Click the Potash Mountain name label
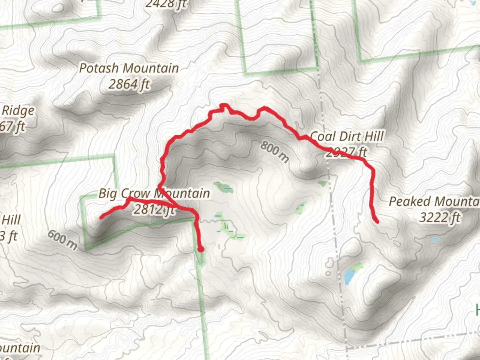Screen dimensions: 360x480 [x=129, y=68]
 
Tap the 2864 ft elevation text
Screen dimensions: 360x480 [x=129, y=84]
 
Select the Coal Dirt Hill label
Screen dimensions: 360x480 [x=347, y=136]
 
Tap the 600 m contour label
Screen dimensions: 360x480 [x=62, y=240]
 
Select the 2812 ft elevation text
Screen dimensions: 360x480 [x=154, y=209]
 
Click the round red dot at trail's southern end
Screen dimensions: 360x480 [x=201, y=249]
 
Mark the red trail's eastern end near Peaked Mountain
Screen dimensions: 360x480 [x=377, y=221]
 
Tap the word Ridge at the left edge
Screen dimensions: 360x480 [x=18, y=111]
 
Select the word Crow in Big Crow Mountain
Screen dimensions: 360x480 [x=135, y=193]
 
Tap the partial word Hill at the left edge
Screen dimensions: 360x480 [x=11, y=220]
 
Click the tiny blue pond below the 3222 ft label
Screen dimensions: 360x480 [x=435, y=239]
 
